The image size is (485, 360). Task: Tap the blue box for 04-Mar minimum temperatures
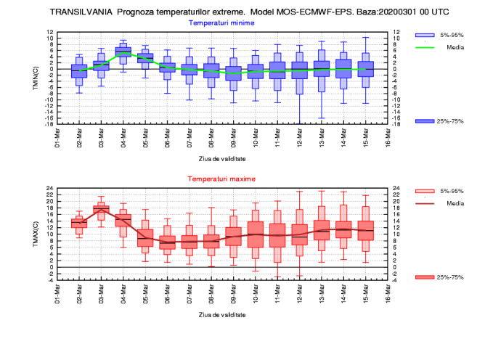click(x=123, y=50)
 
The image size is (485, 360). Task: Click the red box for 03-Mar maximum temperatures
click(x=101, y=210)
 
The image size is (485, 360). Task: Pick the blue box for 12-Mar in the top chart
click(x=300, y=70)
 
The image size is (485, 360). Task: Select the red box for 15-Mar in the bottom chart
click(x=365, y=231)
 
